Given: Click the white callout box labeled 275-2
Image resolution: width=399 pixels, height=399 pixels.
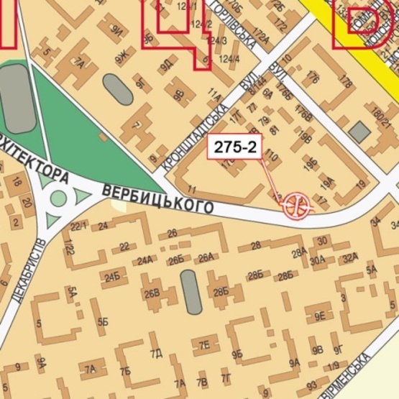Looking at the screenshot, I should coord(233,147).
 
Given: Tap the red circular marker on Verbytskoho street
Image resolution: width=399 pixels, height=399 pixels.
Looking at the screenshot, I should coord(297,205).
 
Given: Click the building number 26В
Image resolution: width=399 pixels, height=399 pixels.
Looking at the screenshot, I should coord(151,293).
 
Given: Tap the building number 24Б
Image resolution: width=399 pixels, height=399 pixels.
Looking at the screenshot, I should coord(112,277).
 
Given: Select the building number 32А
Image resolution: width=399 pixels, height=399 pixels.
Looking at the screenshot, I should coord(349,258).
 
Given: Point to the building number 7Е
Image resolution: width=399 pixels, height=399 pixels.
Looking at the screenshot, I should coord(205,344).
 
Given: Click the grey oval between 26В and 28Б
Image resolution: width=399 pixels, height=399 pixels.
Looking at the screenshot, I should coord(191,291).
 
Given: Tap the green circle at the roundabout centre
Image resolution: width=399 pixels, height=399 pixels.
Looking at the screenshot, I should coord(59,198).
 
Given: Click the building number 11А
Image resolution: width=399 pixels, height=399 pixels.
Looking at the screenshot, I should coord(214,93).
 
